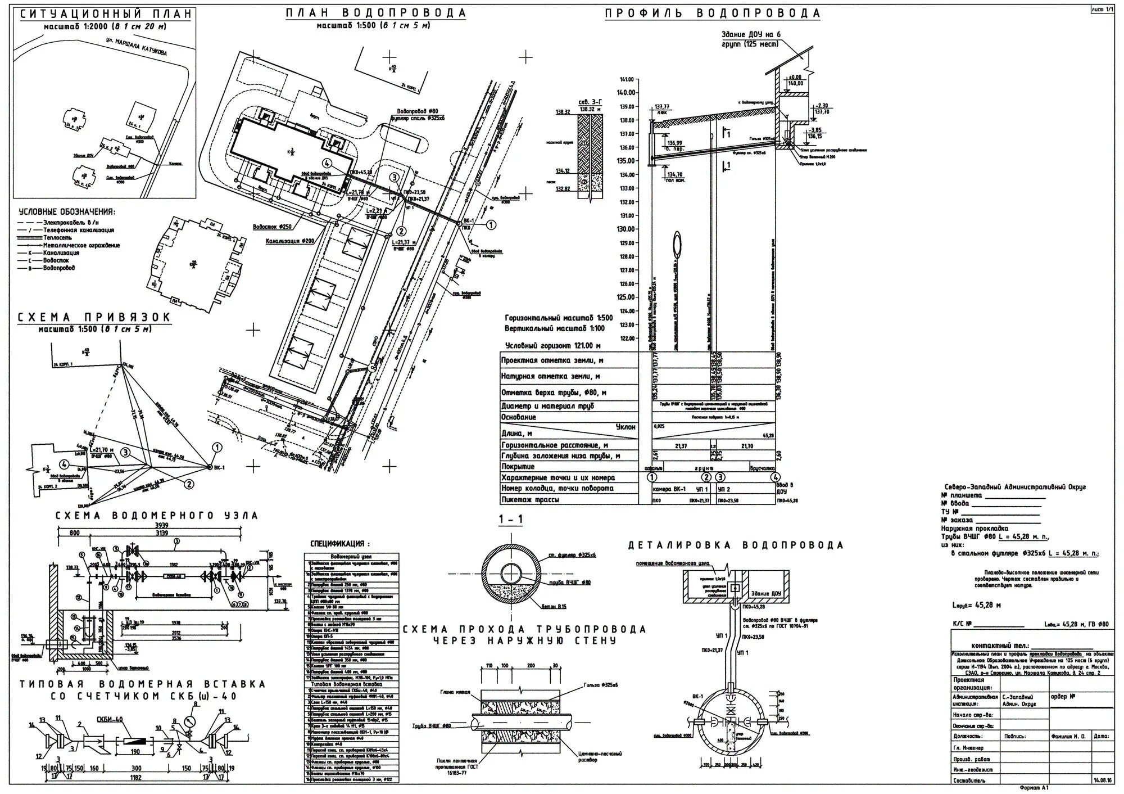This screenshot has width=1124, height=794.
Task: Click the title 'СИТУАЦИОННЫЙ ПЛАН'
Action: (106, 14)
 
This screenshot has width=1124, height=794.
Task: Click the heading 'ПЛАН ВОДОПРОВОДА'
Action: (375, 13)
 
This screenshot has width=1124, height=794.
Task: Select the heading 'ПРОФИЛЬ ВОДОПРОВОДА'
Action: (713, 13)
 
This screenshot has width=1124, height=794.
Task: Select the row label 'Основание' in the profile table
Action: (519, 417)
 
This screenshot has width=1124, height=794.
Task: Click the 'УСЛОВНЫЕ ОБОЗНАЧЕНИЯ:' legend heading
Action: (67, 212)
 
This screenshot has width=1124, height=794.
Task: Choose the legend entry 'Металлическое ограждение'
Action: (81, 245)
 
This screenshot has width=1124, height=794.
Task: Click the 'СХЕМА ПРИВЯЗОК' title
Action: (94, 318)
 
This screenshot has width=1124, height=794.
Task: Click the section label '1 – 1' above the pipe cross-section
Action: (510, 520)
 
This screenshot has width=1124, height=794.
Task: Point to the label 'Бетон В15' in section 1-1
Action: (570, 606)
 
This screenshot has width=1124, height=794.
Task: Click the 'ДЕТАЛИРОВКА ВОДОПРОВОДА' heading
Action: (736, 545)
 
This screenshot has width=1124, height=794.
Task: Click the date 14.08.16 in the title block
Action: (1101, 781)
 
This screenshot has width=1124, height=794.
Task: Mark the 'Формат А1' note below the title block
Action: (1034, 788)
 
